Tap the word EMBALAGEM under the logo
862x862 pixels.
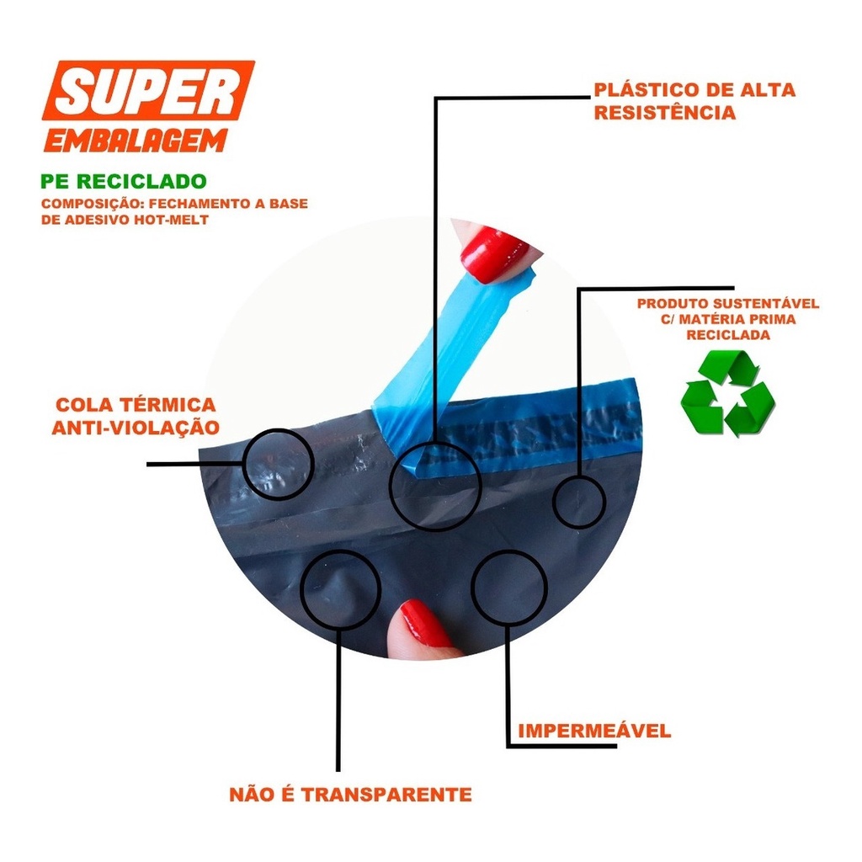click(x=136, y=141)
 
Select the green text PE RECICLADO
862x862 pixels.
click(x=124, y=182)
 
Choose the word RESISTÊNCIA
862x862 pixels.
click(x=665, y=113)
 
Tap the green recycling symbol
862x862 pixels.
click(x=728, y=394)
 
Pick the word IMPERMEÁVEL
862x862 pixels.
click(x=594, y=732)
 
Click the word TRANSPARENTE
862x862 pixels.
click(x=386, y=795)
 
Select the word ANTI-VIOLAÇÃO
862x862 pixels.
click(x=136, y=428)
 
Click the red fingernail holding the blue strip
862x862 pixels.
click(x=492, y=254)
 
